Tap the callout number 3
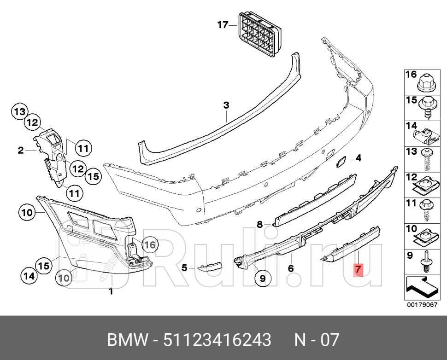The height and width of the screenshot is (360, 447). [x=226, y=105]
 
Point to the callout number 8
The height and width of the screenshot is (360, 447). [x=260, y=225]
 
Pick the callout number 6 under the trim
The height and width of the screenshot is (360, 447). [x=291, y=268]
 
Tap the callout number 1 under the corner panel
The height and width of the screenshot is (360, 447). [x=111, y=291]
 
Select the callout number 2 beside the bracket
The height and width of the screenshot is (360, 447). [x=21, y=150]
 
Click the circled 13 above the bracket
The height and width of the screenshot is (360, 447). [x=20, y=111]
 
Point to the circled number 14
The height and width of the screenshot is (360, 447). [x=29, y=276]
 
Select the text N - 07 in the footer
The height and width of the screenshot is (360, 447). [x=317, y=340]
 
